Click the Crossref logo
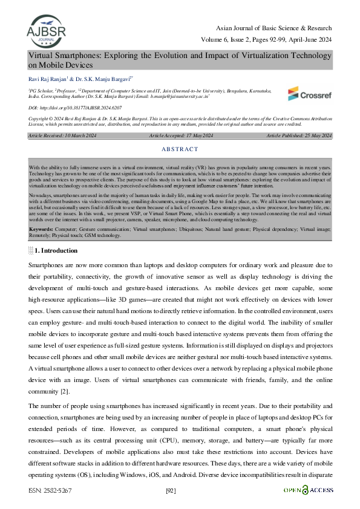pos(309,94)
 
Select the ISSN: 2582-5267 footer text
pos(50,490)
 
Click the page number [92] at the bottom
pos(171,490)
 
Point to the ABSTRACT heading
pos(180,149)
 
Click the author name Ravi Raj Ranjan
pos(48,78)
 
